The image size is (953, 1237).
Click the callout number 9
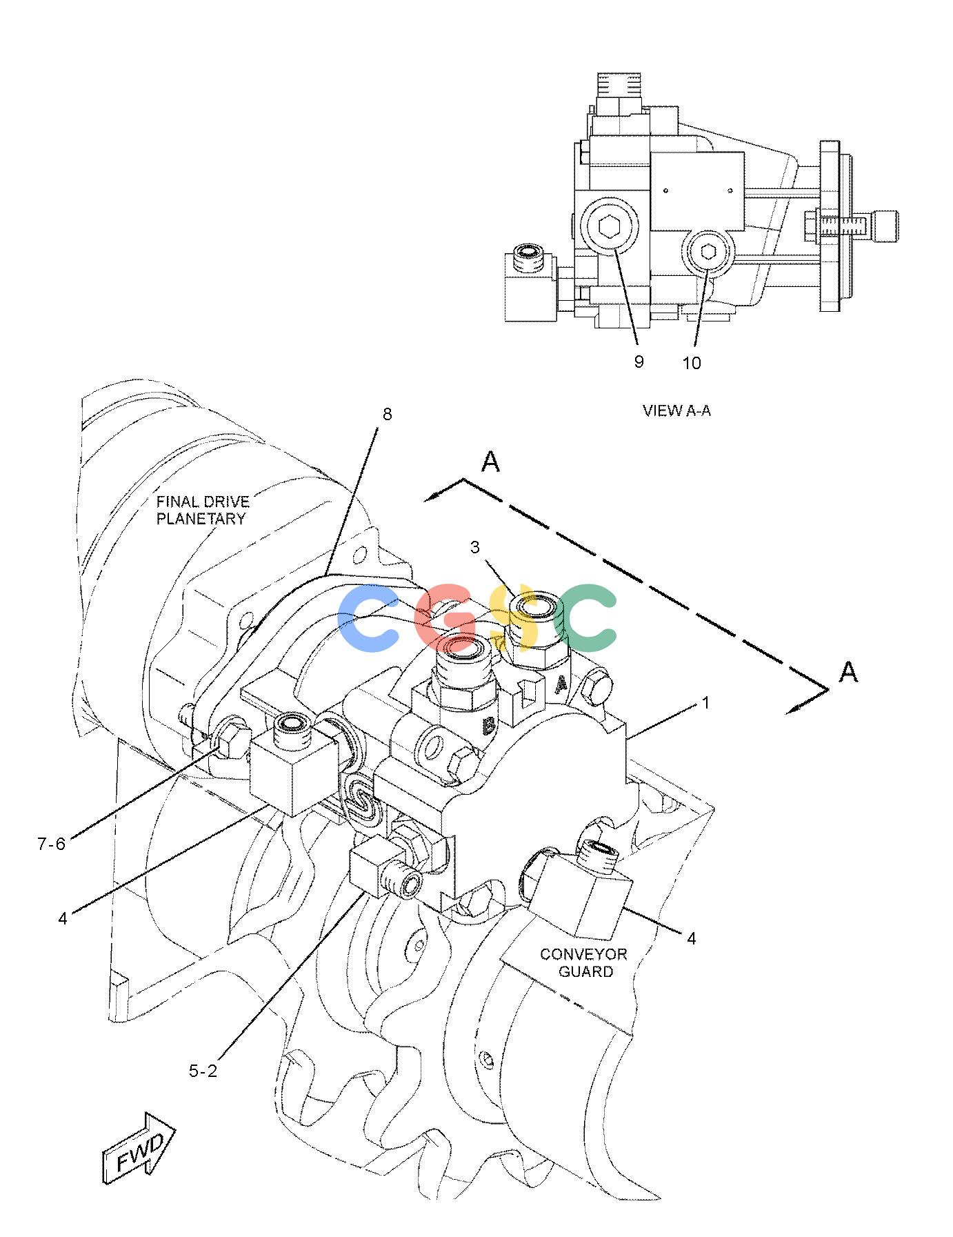pos(639,362)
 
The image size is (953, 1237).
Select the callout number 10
pos(692,363)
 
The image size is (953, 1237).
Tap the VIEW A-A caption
pos(676,410)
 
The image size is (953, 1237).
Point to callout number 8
pos(387,414)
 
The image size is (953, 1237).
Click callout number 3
pos(474,547)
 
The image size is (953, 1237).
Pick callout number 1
pos(705,702)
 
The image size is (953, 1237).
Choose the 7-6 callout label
pos(52,843)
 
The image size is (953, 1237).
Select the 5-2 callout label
pos(203,1071)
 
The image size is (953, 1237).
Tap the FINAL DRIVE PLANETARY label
pos(202,511)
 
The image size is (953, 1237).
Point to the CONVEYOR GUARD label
pos(584,962)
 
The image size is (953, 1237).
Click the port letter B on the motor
pos(488,726)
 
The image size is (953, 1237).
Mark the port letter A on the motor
pos(562,684)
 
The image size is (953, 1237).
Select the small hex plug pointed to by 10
pos(708,253)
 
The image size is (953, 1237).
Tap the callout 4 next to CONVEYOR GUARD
pos(691,938)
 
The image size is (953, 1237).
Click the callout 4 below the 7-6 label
pos(63,918)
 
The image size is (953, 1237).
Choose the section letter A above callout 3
pos(490,462)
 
